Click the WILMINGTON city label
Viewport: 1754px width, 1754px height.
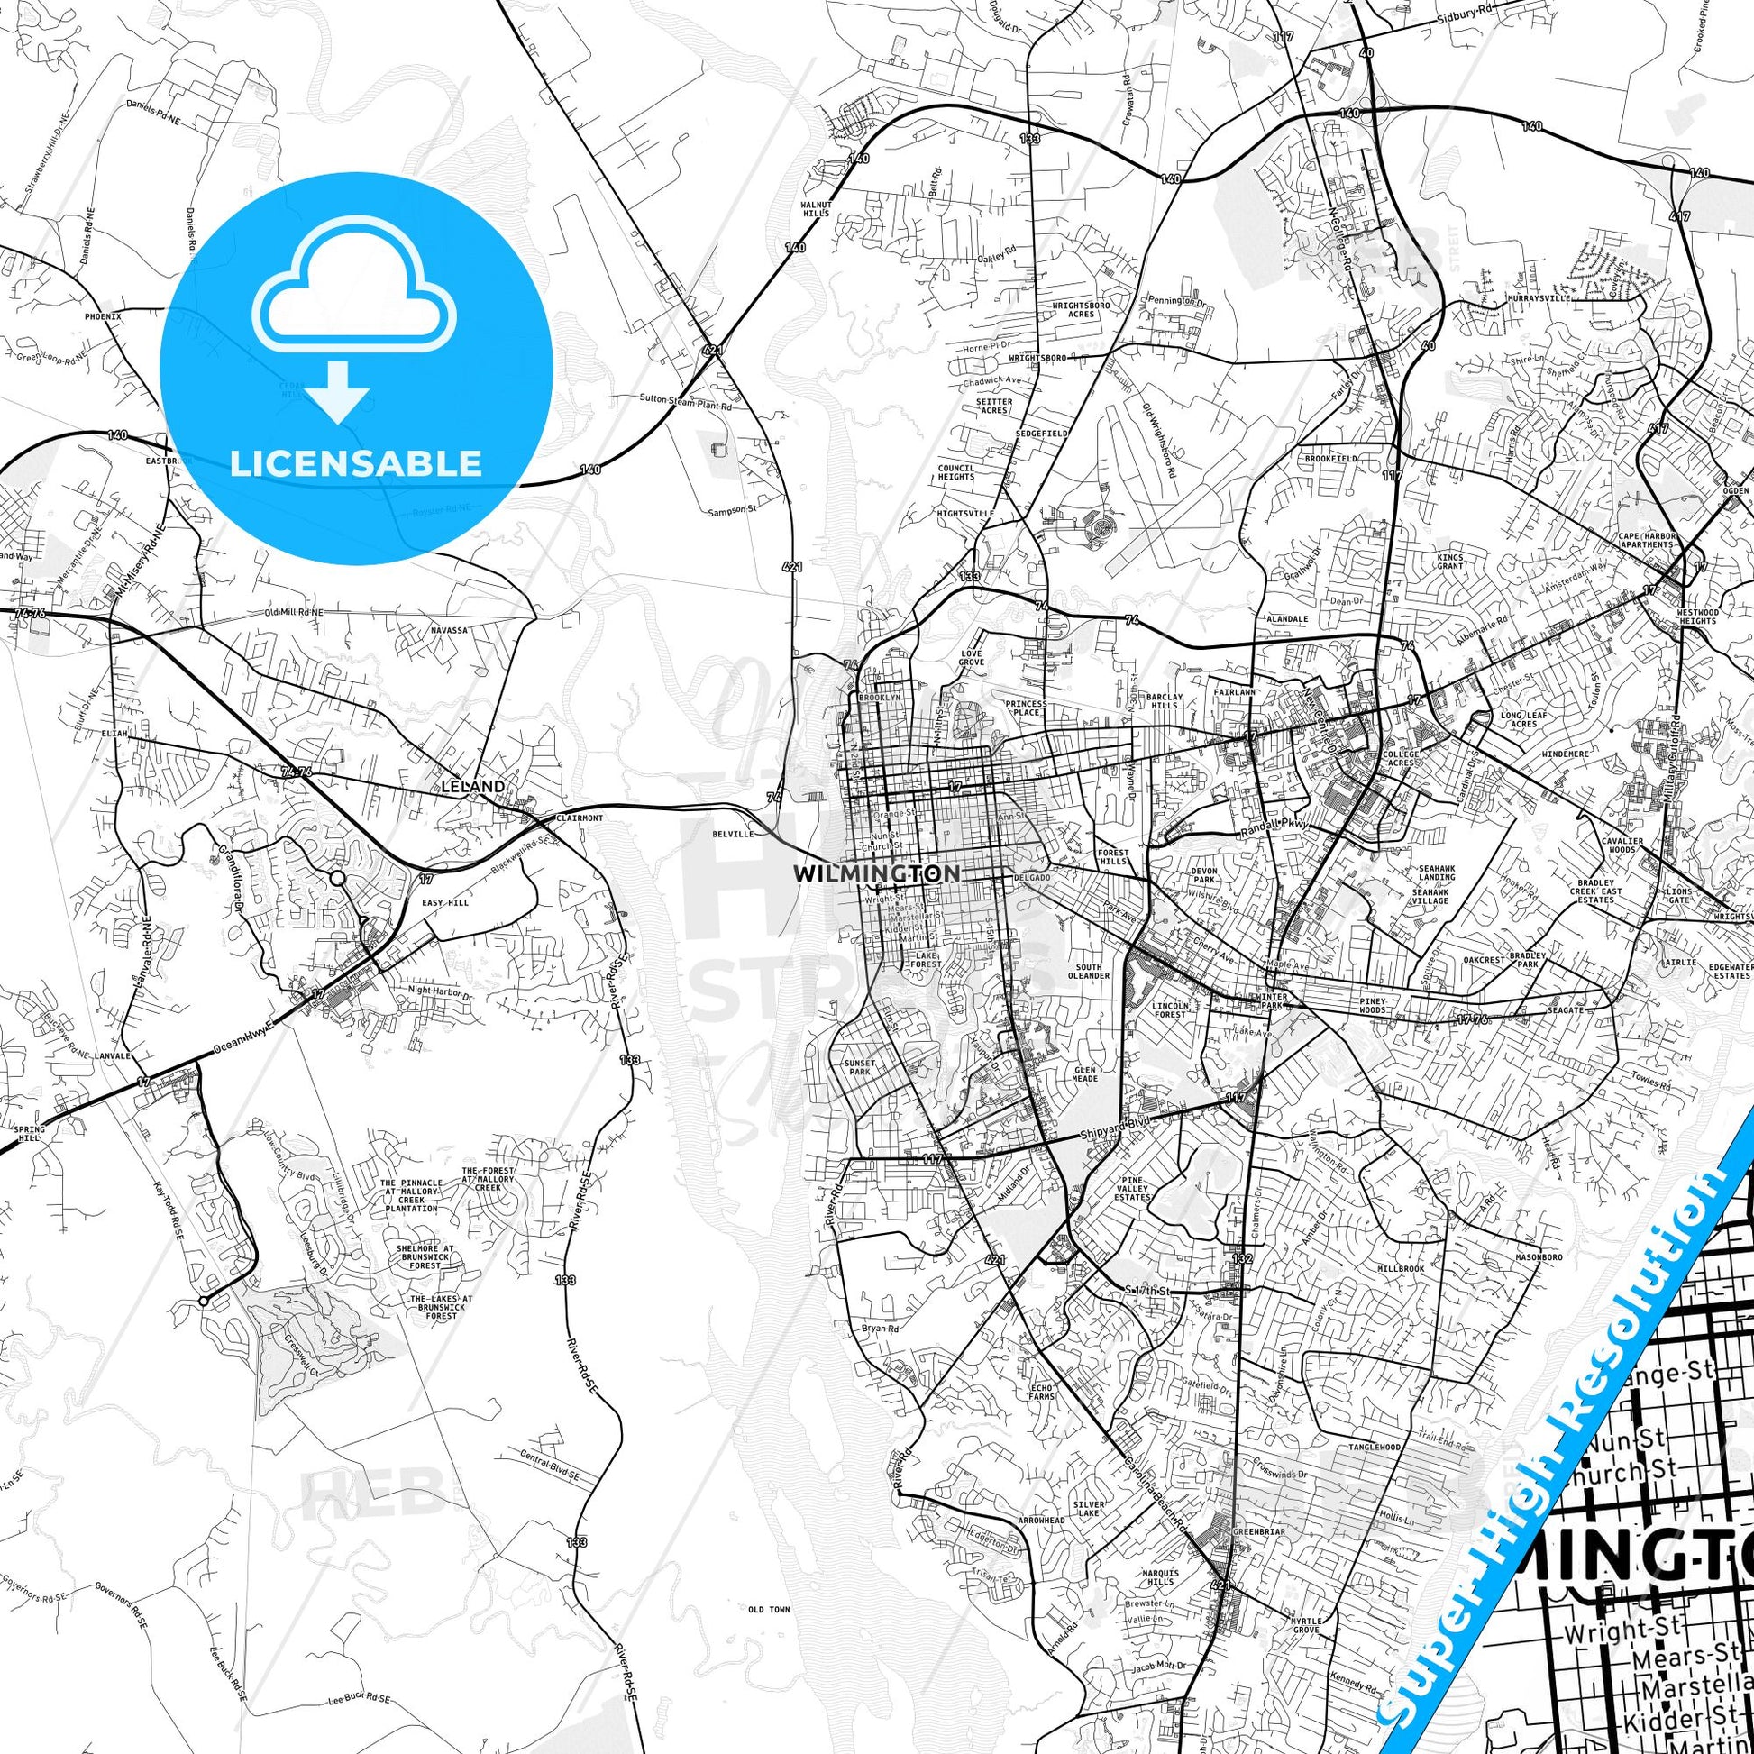point(875,873)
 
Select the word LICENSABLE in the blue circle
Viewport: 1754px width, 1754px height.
point(356,463)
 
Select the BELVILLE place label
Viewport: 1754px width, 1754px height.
point(734,833)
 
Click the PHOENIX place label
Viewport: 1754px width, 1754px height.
point(103,317)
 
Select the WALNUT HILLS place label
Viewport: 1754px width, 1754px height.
point(815,208)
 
